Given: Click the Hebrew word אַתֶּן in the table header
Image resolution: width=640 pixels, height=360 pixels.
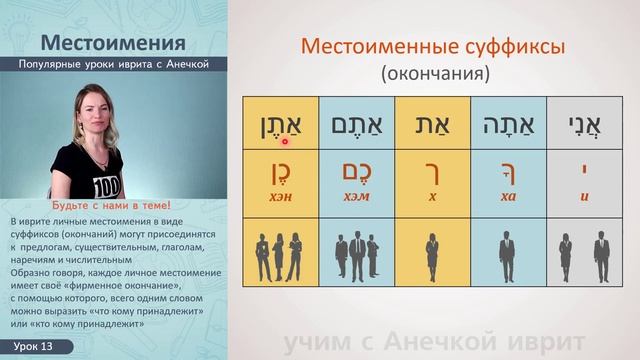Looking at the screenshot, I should tap(280, 124).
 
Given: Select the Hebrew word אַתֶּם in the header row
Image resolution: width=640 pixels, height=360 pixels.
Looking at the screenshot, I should tap(356, 124).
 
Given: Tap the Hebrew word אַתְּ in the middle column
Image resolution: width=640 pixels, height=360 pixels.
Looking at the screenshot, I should tap(433, 124).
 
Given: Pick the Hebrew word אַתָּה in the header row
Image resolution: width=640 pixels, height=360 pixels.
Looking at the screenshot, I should tap(509, 124).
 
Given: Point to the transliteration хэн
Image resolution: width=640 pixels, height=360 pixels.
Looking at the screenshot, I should tap(280, 196).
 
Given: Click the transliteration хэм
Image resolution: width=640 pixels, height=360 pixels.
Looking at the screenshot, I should tap(356, 196).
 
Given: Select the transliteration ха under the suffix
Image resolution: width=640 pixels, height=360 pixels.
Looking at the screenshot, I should tap(509, 196).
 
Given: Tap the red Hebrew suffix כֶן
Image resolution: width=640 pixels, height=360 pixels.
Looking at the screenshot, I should tap(280, 172).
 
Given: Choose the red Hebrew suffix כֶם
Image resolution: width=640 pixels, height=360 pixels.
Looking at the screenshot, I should tap(356, 172).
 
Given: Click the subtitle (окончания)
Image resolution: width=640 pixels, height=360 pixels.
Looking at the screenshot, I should tap(432, 74).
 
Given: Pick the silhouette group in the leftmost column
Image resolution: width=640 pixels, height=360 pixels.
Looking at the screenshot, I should tap(280, 259).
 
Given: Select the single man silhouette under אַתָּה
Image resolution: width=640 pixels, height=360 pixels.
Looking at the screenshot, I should tap(509, 259).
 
